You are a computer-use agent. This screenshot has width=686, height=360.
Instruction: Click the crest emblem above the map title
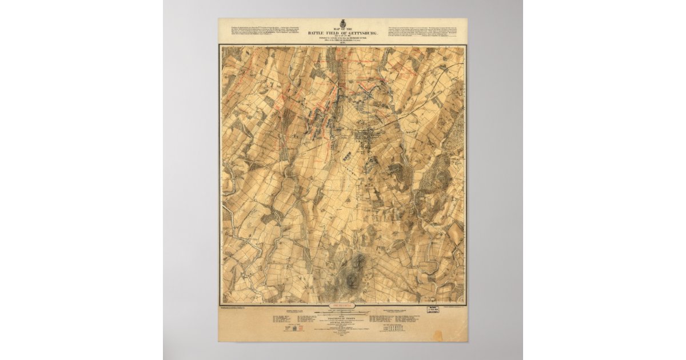pyautogui.click(x=342, y=23)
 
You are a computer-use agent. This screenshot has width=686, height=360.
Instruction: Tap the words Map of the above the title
pyautogui.click(x=342, y=29)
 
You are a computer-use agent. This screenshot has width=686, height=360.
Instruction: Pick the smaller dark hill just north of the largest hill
pyautogui.click(x=359, y=262)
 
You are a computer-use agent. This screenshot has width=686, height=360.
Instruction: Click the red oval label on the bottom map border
pyautogui.click(x=342, y=306)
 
